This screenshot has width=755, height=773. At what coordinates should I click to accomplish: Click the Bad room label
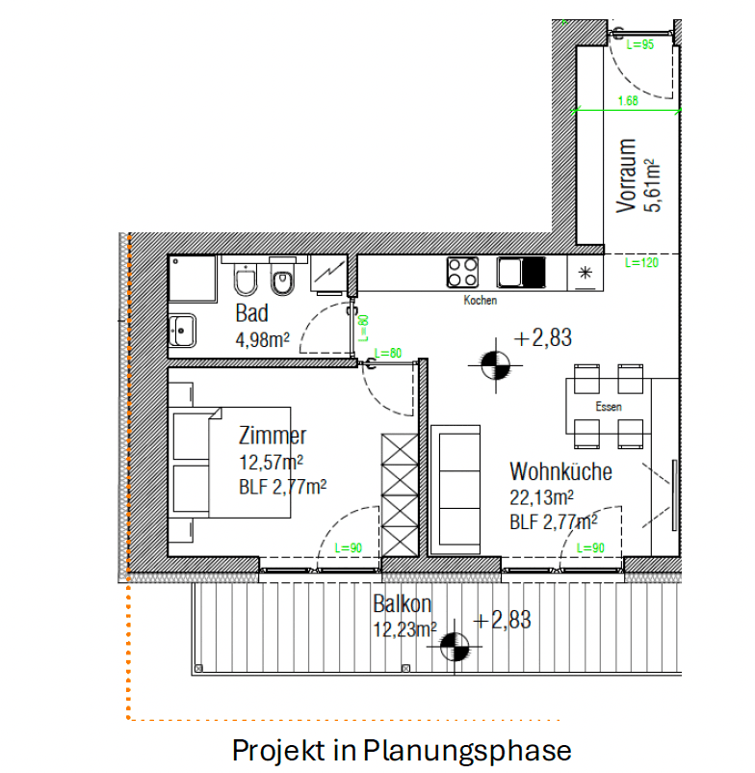point(251,313)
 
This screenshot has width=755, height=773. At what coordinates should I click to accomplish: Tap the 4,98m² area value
point(263,339)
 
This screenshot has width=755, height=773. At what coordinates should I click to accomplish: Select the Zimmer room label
point(273,436)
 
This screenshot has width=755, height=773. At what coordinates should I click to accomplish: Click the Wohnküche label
point(561,471)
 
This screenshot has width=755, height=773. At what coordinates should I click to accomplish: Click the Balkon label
point(402,604)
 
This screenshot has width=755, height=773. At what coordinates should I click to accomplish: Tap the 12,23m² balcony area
point(404,629)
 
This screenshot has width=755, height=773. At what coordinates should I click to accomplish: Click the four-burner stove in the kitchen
point(462,272)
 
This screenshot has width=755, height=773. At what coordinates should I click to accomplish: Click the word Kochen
point(481,300)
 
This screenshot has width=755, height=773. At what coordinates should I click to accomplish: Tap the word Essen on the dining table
point(609,407)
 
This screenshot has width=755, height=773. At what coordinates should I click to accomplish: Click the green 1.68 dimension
point(628,100)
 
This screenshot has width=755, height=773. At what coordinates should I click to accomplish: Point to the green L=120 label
point(641,262)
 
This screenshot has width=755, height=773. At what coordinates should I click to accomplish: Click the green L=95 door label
point(639,44)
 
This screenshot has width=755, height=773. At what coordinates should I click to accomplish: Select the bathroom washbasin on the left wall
point(182,331)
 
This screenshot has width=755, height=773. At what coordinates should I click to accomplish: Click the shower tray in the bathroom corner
point(193,279)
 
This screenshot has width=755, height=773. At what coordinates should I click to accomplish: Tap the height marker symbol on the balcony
point(455,647)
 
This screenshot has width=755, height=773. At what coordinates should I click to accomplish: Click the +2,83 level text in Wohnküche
point(542,337)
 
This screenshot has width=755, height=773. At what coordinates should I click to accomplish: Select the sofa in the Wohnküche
point(456,490)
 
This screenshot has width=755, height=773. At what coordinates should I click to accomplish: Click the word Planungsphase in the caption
point(467,750)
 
